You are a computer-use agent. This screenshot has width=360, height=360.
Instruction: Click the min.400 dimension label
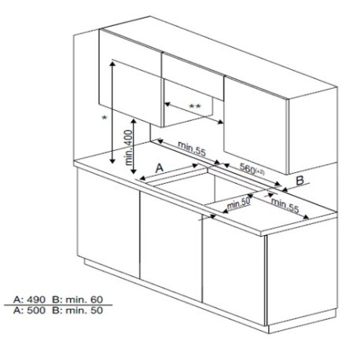[x=129, y=148]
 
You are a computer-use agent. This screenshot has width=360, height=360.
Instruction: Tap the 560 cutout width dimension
[x=252, y=169]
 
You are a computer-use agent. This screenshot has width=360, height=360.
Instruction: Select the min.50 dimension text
[x=239, y=204]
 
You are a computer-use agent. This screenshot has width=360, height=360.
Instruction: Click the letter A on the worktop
[x=160, y=168]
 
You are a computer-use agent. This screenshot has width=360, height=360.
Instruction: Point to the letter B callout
[x=300, y=181]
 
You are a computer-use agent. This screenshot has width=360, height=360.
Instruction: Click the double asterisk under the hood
[x=195, y=106]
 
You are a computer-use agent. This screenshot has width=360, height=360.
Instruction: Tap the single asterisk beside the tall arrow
[x=105, y=118]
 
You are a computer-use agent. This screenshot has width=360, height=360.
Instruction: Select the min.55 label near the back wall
[x=192, y=149]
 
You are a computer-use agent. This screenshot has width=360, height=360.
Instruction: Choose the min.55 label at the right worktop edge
[x=285, y=205]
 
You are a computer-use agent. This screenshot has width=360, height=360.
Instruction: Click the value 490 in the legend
[x=36, y=299]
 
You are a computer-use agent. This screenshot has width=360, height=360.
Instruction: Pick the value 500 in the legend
[x=36, y=310]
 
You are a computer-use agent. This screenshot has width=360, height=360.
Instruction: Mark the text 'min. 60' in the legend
[x=84, y=299]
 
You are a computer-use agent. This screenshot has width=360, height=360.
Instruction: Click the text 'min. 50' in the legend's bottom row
[x=84, y=310]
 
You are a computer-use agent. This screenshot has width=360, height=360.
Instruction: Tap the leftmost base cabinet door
[x=108, y=222]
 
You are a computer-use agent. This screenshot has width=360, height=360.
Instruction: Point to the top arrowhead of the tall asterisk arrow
[x=112, y=63]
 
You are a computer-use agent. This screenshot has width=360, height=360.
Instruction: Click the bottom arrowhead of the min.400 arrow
[x=134, y=171]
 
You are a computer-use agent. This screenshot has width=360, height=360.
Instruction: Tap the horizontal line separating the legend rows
[x=58, y=305]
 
